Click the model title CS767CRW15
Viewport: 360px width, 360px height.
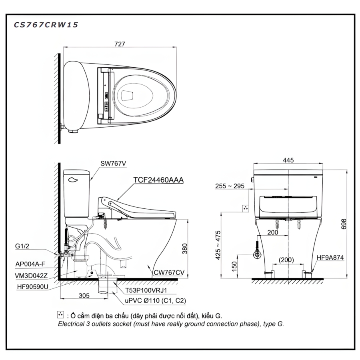(46, 24)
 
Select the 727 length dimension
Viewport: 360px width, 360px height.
(120, 44)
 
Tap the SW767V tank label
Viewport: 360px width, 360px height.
(113, 164)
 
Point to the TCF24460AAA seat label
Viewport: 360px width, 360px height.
(158, 180)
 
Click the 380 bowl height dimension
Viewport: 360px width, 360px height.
(185, 249)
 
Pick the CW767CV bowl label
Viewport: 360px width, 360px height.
(169, 272)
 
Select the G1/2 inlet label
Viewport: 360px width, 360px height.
(22, 246)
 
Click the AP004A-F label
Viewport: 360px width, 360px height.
(30, 264)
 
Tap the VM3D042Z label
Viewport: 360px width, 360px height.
(31, 276)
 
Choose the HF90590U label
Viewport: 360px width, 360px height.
(33, 287)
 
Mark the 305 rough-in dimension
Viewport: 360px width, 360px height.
(84, 296)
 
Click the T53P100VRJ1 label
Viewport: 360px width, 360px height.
(146, 290)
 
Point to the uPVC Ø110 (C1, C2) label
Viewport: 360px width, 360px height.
(156, 300)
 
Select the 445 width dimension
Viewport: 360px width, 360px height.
(288, 160)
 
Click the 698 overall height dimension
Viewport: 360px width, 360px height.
(344, 224)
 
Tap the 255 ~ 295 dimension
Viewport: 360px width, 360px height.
(230, 186)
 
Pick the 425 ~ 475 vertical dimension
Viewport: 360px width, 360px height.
(218, 245)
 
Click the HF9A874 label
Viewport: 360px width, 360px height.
(330, 258)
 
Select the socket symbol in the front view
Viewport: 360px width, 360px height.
(246, 208)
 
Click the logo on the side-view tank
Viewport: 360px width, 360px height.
(73, 180)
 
